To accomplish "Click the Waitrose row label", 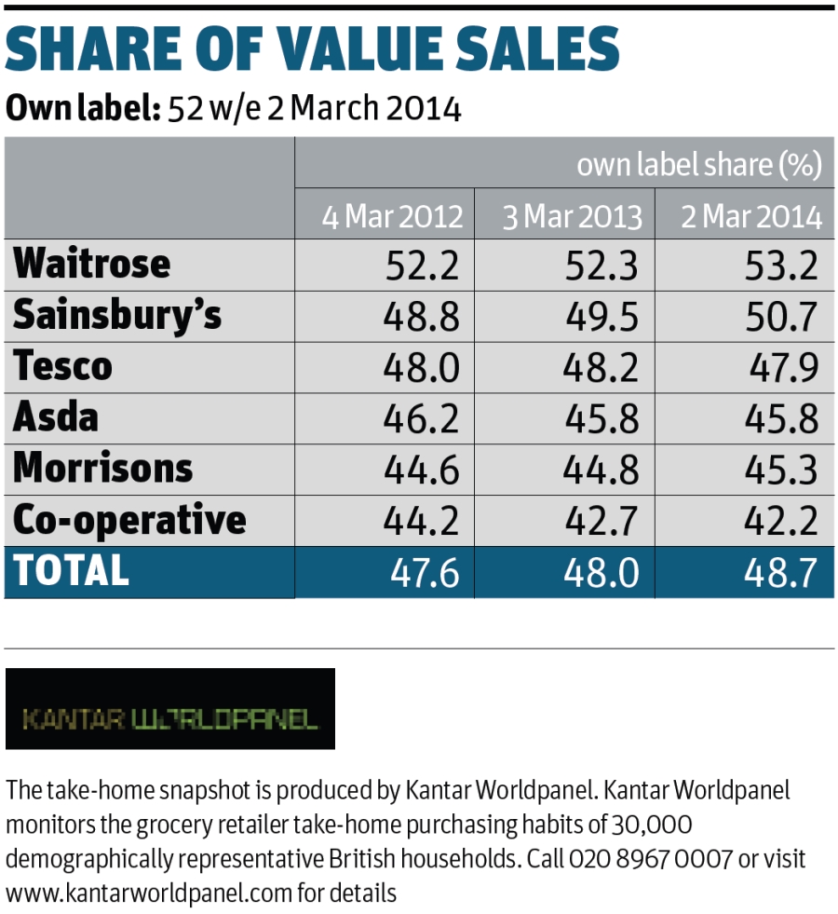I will [x=91, y=265].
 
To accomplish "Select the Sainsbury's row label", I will [x=117, y=316].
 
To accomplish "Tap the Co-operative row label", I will [x=129, y=520].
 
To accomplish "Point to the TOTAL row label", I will [x=71, y=570].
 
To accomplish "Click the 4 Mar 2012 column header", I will [x=392, y=217].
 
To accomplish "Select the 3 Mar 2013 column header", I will [x=572, y=217].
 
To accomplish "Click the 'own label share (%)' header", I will [x=698, y=166].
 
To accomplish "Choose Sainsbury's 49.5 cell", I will [x=601, y=318].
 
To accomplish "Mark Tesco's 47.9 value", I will [x=783, y=368].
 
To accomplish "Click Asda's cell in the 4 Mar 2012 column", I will [x=421, y=418].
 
